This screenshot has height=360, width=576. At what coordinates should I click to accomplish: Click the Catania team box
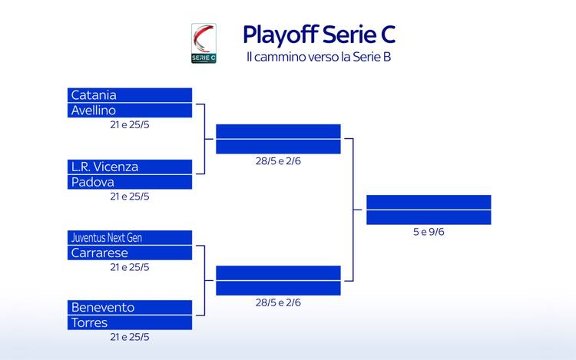tap(129, 95)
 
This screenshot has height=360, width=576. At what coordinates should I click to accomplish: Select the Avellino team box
tap(129, 111)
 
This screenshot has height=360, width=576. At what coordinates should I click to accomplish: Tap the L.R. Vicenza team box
tap(129, 167)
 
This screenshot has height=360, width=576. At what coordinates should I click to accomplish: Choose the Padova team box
tap(129, 182)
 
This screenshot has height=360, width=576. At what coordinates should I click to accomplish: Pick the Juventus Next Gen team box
tap(129, 238)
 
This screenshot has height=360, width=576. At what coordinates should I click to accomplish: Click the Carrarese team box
tap(129, 253)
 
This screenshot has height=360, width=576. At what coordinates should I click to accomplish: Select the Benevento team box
tap(129, 307)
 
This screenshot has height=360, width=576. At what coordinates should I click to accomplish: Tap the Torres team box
tap(129, 322)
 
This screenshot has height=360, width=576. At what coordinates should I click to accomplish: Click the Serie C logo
tap(204, 43)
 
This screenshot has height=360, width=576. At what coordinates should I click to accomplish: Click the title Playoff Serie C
tap(319, 35)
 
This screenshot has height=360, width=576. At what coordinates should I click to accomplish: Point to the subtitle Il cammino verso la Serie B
tap(320, 58)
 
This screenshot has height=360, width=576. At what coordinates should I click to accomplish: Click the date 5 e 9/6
tap(429, 232)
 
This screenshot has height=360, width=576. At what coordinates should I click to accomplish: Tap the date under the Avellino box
tap(129, 124)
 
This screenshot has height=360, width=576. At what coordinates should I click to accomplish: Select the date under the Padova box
tap(129, 196)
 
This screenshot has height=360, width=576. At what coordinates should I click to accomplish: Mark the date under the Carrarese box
tap(129, 266)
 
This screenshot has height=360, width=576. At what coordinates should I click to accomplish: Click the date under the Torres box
tap(129, 336)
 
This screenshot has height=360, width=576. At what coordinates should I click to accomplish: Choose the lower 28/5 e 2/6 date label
tap(278, 302)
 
